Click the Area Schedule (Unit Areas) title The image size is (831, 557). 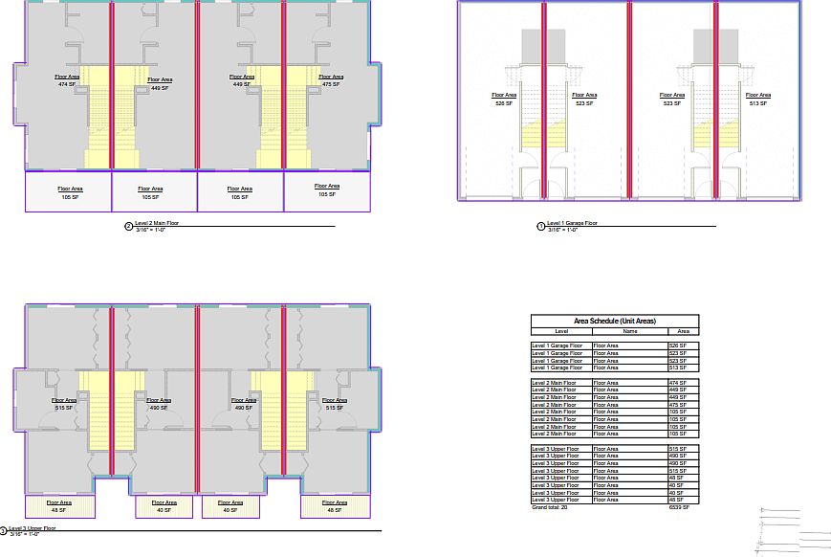tap(614, 321)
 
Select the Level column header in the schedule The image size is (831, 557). tap(561, 330)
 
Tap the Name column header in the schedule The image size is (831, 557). tap(629, 330)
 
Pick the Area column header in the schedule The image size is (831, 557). tap(683, 330)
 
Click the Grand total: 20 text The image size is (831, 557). tap(550, 507)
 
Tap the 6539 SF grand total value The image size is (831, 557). tap(678, 507)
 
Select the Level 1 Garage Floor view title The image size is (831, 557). tap(572, 223)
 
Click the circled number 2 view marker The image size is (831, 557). tap(128, 227)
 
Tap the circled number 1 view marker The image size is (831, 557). tap(541, 227)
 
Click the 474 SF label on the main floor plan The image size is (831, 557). tap(67, 85)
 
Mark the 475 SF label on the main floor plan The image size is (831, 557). tap(331, 85)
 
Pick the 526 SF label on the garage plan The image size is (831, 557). tap(504, 103)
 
